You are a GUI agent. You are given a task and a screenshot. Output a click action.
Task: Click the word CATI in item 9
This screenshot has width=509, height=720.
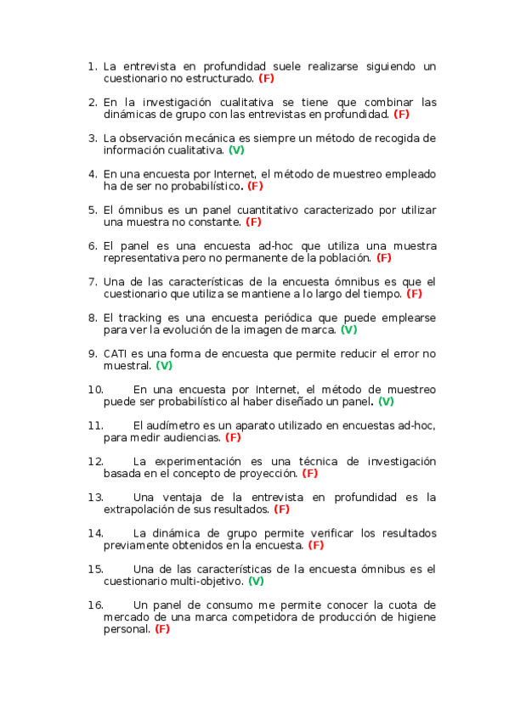click(116, 353)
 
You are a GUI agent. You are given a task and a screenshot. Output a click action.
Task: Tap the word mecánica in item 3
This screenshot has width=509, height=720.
click(201, 138)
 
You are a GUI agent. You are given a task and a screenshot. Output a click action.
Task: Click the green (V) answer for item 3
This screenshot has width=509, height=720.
click(236, 149)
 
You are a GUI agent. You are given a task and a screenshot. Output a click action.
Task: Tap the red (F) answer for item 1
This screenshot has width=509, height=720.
click(266, 77)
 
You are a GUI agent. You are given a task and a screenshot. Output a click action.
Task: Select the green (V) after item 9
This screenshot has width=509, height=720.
click(164, 365)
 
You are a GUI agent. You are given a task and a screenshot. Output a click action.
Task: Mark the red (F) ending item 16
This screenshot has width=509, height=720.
click(162, 629)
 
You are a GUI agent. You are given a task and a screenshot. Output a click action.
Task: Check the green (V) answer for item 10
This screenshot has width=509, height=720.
click(386, 401)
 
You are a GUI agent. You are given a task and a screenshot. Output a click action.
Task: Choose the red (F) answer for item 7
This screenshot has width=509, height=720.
click(415, 294)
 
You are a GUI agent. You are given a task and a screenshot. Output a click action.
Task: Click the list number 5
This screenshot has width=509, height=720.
click(93, 209)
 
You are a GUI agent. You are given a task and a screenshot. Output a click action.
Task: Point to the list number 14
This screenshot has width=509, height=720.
click(95, 533)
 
